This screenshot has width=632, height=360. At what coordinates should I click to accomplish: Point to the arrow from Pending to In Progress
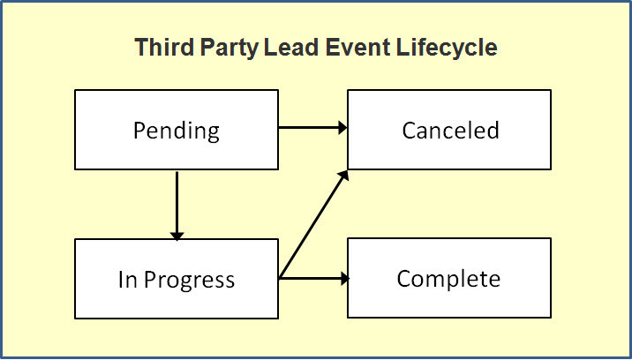tap(177, 203)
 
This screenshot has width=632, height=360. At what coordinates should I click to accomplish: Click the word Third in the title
tap(160, 48)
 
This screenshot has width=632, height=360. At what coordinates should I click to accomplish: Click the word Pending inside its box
tap(177, 131)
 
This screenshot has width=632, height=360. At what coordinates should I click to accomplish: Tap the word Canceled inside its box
tap(450, 131)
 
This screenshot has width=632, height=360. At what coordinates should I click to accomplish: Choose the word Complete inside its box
tap(448, 280)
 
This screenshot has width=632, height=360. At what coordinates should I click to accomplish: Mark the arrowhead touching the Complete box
tap(342, 279)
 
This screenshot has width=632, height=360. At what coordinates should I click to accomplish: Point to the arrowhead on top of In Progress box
tap(177, 235)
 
